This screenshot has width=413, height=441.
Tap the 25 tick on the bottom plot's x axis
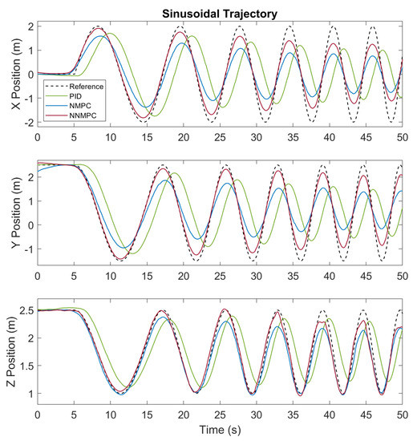219,417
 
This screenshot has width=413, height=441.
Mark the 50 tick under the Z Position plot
400,417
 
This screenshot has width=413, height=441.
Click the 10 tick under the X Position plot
111,139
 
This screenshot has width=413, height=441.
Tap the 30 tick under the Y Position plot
255,277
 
